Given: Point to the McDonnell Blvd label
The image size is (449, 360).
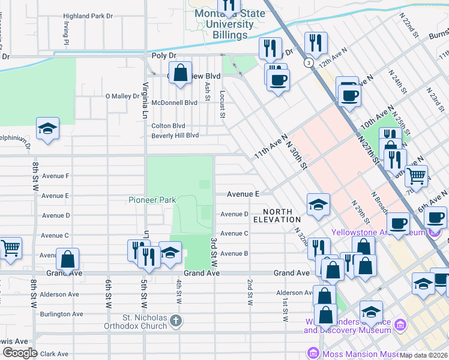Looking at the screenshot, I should (174, 103).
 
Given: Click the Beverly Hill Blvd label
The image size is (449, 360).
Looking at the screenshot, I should (175, 136).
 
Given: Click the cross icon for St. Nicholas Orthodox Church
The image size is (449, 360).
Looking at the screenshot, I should (175, 319).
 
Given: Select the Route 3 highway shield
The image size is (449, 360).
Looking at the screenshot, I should (308, 62).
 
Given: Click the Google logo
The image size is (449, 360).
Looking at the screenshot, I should (20, 353).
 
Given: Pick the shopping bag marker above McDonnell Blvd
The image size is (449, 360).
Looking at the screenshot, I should (180, 74).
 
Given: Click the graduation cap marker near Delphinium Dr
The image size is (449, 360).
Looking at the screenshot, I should (47, 129).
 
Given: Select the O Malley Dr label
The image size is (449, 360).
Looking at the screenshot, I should (122, 96).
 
